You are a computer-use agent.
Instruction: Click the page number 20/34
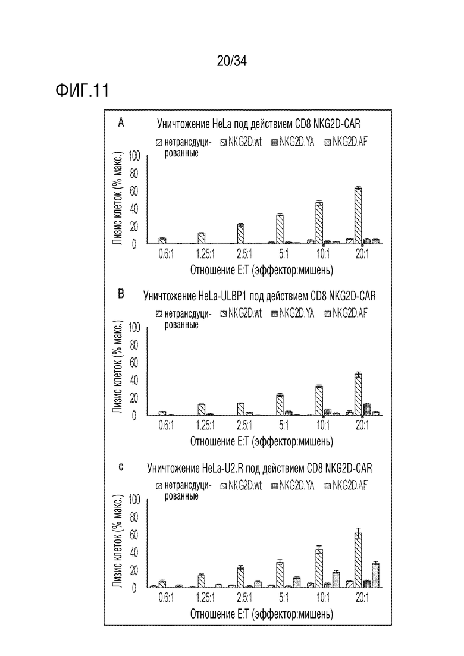pyautogui.click(x=232, y=61)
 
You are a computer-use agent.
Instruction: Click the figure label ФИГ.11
pyautogui.click(x=82, y=90)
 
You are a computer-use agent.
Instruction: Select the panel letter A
pyautogui.click(x=121, y=123)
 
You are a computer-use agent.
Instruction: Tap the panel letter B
pyautogui.click(x=121, y=294)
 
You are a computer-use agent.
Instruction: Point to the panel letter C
pyautogui.click(x=121, y=467)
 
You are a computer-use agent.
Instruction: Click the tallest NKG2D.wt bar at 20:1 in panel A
pyautogui.click(x=358, y=216)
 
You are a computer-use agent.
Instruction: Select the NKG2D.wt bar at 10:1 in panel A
pyautogui.click(x=319, y=223)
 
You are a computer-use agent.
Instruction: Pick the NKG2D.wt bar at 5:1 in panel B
pyautogui.click(x=280, y=405)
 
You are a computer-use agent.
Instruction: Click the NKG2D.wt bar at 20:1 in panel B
pyautogui.click(x=358, y=394)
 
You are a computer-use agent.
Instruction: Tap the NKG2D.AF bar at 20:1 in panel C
pyautogui.click(x=375, y=575)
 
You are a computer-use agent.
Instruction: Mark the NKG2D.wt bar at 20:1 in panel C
pyautogui.click(x=358, y=560)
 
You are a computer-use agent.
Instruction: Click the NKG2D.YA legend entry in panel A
pyautogui.click(x=293, y=142)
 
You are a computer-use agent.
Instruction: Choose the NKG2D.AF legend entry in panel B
pyautogui.click(x=346, y=313)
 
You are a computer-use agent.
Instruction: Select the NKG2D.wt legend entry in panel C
pyautogui.click(x=241, y=486)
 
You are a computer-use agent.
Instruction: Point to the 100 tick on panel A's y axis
pyautogui.click(x=134, y=156)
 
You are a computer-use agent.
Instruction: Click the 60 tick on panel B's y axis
pyautogui.click(x=134, y=363)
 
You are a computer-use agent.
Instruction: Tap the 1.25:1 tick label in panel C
pyautogui.click(x=205, y=598)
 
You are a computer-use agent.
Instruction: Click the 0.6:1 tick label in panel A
pyautogui.click(x=166, y=254)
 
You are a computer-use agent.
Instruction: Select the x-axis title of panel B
pyautogui.click(x=262, y=441)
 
